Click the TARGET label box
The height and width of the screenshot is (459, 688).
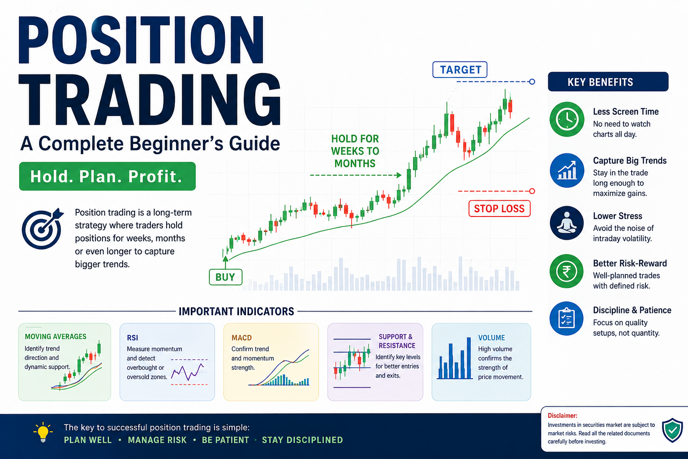coord(460,69)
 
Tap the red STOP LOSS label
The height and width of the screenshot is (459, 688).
coord(499,208)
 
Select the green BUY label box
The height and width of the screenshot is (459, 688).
coord(225,277)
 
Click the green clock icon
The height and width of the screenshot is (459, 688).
coord(567,119)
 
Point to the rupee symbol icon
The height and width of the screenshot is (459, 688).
coord(566,271)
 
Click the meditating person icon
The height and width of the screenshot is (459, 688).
coord(567,223)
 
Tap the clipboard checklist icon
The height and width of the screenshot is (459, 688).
coord(566,319)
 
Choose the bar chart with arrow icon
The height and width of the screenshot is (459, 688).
coord(567,170)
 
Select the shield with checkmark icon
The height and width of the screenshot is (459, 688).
coord(672,430)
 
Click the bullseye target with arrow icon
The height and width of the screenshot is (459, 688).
coord(43,229)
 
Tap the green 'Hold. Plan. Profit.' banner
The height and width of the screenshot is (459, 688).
coord(107,176)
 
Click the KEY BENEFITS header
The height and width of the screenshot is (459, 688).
coord(608,82)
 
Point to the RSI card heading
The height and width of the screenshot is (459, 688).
coord(133,338)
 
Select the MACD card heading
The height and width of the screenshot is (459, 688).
coord(241,338)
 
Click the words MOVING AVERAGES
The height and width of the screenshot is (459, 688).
coord(56,336)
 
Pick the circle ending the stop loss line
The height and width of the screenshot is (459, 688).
coord(532,191)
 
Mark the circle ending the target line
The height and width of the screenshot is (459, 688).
coord(532,82)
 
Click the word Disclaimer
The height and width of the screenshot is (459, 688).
coord(563,416)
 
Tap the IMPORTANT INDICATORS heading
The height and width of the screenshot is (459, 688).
coord(236,312)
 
